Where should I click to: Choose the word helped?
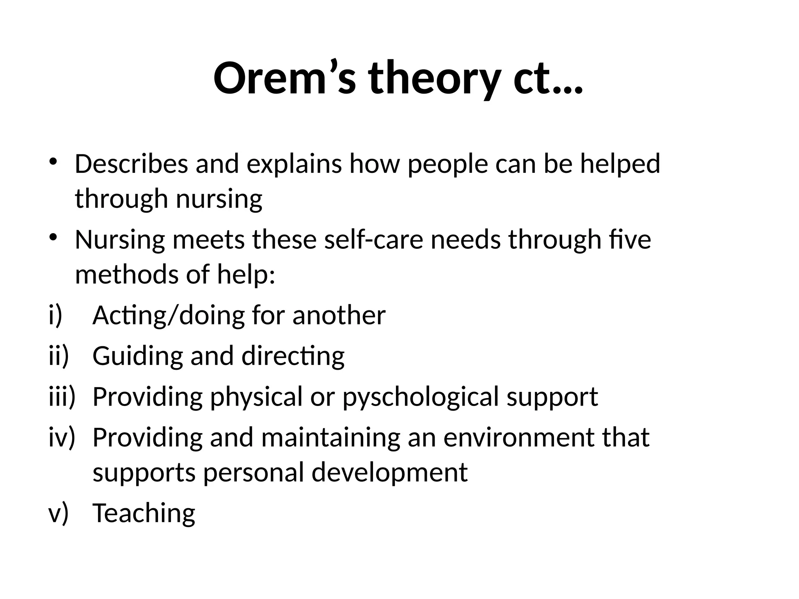pos(620,165)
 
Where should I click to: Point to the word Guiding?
pos(138,356)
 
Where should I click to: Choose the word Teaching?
pos(144,514)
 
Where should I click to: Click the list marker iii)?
pos(62,397)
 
